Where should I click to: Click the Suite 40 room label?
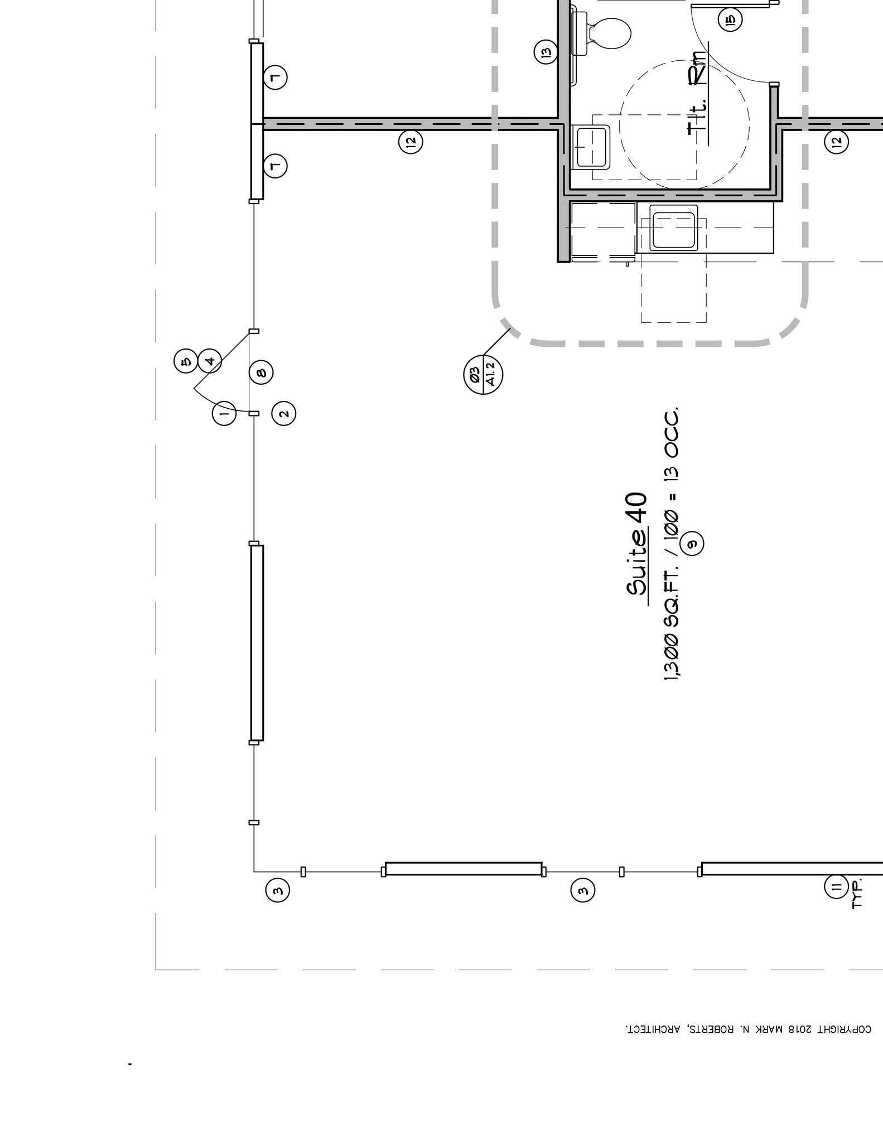coord(637,544)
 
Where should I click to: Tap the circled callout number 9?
coord(692,543)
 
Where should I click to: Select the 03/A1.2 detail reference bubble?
coord(483,374)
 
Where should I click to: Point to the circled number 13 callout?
coord(546,52)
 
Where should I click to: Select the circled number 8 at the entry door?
coord(261,372)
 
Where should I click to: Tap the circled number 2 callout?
coord(283,414)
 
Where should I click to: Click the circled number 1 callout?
coord(224,414)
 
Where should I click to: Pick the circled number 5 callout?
coord(186,361)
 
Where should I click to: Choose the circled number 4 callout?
coord(210,361)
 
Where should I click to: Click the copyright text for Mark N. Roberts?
coord(747,1029)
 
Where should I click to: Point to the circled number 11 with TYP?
coord(836,887)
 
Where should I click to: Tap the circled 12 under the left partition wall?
coord(411,142)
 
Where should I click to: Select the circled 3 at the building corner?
coord(278,890)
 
